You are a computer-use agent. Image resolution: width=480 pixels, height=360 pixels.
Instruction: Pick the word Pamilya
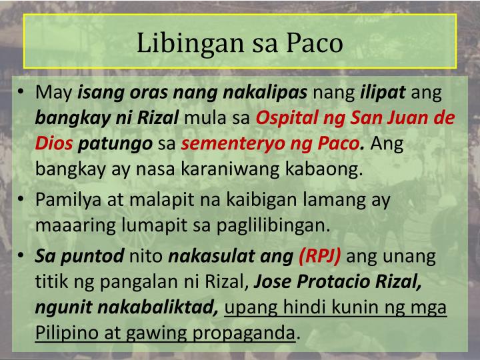(x=65, y=199)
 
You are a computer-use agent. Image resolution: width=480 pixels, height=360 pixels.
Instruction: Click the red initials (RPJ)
(x=321, y=256)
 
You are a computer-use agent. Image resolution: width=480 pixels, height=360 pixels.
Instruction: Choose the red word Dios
(x=54, y=143)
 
